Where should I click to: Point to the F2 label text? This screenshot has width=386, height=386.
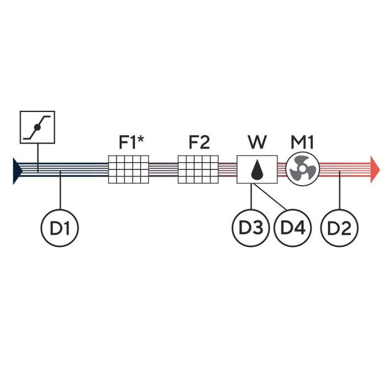tap(199, 143)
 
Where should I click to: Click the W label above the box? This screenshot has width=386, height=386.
tap(257, 143)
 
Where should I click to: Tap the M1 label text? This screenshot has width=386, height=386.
tap(302, 143)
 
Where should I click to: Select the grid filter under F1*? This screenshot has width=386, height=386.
tap(128, 169)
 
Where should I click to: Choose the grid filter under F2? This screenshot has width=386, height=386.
tap(198, 169)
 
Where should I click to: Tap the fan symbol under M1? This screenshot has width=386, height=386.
tap(303, 169)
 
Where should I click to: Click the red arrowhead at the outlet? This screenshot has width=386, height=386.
tap(375, 169)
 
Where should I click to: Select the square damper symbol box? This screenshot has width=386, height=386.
tap(37, 127)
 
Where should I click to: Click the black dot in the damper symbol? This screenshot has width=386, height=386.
tap(37, 127)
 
